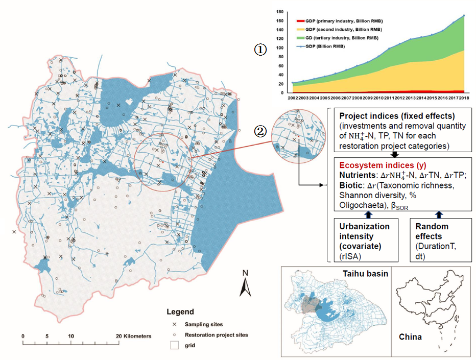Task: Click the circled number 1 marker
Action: [x=260, y=50]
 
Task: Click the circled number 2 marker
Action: [x=260, y=131]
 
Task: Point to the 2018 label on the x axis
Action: [x=463, y=98]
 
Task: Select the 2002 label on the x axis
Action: [x=293, y=98]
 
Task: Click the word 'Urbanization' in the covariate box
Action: [x=364, y=226]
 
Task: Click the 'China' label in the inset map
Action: [x=411, y=338]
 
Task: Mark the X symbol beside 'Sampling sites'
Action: [x=174, y=324]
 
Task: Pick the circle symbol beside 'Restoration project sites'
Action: [x=174, y=335]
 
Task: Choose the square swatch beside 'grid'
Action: [x=174, y=346]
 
